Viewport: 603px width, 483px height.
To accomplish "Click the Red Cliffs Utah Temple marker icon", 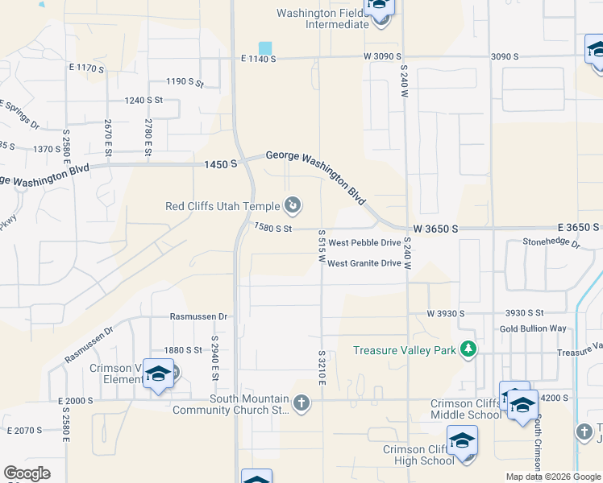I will pyautogui.click(x=293, y=206).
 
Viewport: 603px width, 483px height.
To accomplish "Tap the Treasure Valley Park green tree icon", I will pyautogui.click(x=468, y=349).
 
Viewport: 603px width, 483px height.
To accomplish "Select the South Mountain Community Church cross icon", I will pyautogui.click(x=301, y=402).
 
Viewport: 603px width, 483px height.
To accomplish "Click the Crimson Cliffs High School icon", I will pyautogui.click(x=462, y=441).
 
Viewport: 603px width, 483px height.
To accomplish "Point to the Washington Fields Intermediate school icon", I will pyautogui.click(x=379, y=6).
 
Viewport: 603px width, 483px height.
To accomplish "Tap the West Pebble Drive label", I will pyautogui.click(x=364, y=242).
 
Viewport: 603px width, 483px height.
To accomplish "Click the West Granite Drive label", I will pyautogui.click(x=364, y=263).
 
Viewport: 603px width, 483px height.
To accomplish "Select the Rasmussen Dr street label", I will pyautogui.click(x=200, y=317).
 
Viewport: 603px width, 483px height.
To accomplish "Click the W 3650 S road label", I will pyautogui.click(x=436, y=229).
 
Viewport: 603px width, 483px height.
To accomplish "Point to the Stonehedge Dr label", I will pyautogui.click(x=551, y=241).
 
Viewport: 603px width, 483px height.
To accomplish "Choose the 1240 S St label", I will pyautogui.click(x=144, y=100).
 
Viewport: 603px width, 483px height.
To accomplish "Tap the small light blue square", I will pyautogui.click(x=265, y=48).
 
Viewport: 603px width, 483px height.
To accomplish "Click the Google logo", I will pyautogui.click(x=27, y=473).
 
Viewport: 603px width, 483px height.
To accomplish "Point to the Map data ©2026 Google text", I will pyautogui.click(x=552, y=477).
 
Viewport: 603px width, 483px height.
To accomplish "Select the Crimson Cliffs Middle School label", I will pyautogui.click(x=465, y=409).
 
